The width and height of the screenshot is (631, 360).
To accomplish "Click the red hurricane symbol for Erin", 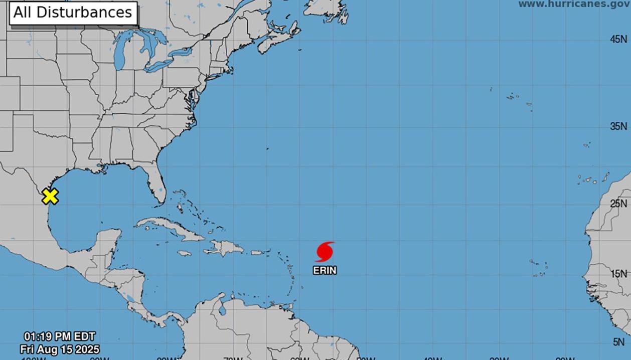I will pos(325,252).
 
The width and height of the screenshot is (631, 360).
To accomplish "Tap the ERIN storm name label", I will pos(325,270).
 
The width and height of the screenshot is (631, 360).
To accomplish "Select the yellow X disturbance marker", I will pos(50,196).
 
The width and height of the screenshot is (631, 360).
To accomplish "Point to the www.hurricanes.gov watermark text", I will pos(574,4).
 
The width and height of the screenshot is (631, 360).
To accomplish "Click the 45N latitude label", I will pos(618,39).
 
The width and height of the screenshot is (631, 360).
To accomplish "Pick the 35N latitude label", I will pos(618,126).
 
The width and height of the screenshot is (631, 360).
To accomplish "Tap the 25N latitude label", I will pos(618,204).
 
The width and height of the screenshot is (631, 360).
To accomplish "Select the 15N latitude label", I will pos(618,274).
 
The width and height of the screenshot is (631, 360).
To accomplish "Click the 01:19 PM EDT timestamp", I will pos(59,336).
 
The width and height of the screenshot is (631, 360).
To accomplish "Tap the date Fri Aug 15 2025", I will pos(59,349).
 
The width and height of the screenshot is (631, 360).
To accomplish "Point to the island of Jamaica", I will pos(185,253).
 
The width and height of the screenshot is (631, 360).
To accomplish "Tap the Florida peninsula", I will pos(156,186).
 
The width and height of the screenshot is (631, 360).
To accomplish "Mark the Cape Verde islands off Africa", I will pos(539,268).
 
